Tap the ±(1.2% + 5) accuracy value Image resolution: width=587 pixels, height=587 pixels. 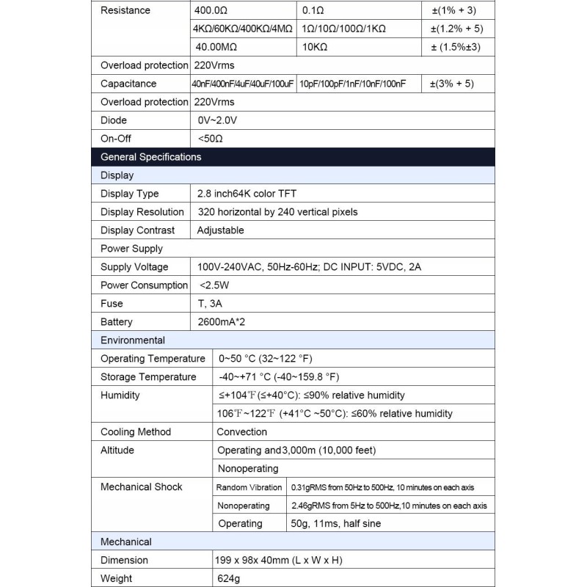(456, 29)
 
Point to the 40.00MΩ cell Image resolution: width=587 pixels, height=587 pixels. (215, 47)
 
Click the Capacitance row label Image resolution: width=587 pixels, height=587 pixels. (128, 84)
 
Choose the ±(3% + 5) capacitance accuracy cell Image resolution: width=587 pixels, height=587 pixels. (451, 84)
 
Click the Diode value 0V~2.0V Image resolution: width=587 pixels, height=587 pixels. (217, 120)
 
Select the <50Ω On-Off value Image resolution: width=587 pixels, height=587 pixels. (210, 139)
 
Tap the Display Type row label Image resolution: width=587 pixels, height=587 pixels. (130, 194)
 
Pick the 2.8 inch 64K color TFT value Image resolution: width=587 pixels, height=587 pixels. (247, 194)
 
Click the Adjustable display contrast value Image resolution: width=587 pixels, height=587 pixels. (221, 230)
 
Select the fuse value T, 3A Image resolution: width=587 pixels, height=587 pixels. (211, 304)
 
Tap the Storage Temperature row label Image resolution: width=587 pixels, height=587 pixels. (148, 377)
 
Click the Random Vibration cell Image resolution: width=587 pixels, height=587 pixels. (249, 487)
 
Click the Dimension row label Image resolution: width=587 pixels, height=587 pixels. (124, 561)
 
